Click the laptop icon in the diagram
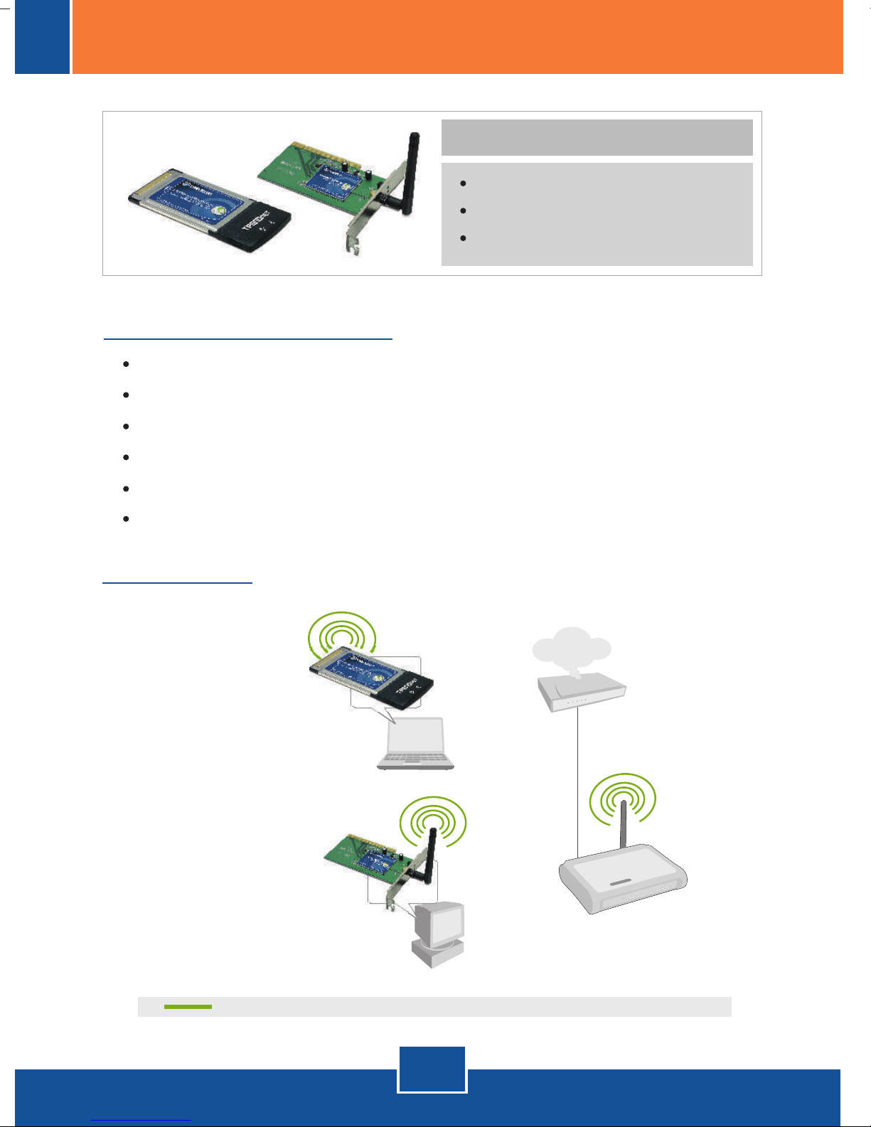click(x=416, y=744)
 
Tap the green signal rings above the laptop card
click(x=342, y=632)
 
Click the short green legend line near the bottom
click(x=188, y=1007)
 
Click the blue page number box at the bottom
click(x=432, y=1069)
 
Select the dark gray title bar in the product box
click(x=597, y=137)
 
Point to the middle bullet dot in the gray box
click(x=463, y=211)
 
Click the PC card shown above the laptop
click(x=370, y=678)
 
